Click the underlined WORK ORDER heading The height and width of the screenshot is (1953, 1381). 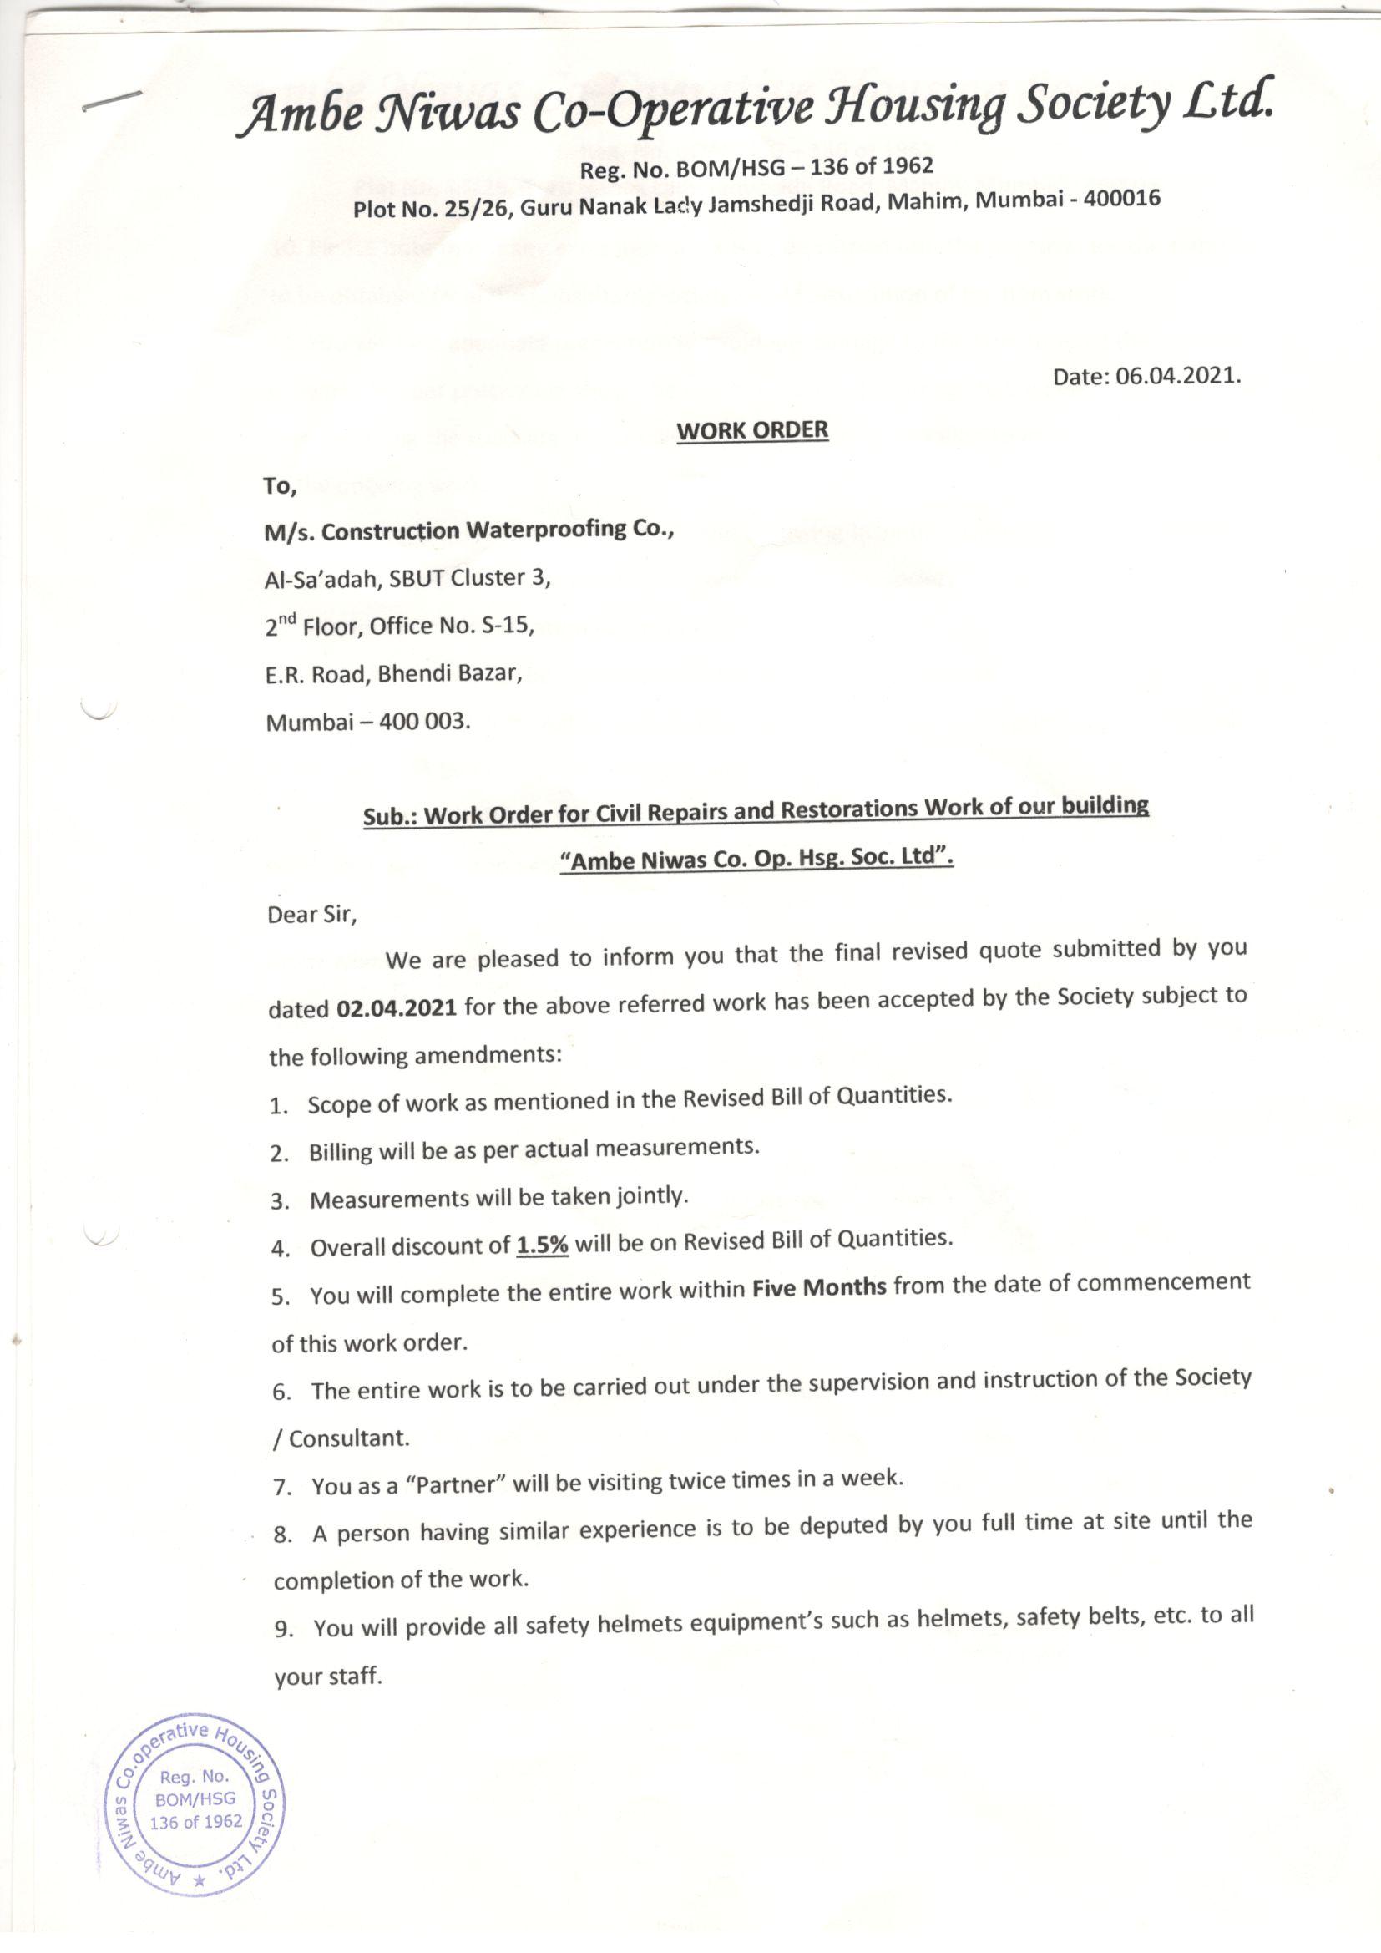[x=751, y=429]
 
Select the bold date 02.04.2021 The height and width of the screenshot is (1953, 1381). [x=397, y=1009]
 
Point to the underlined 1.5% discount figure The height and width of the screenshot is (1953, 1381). [x=543, y=1245]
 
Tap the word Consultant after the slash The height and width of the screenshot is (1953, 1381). [x=350, y=1438]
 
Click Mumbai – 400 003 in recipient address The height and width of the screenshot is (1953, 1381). [x=367, y=723]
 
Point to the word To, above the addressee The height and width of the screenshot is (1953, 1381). [x=281, y=485]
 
